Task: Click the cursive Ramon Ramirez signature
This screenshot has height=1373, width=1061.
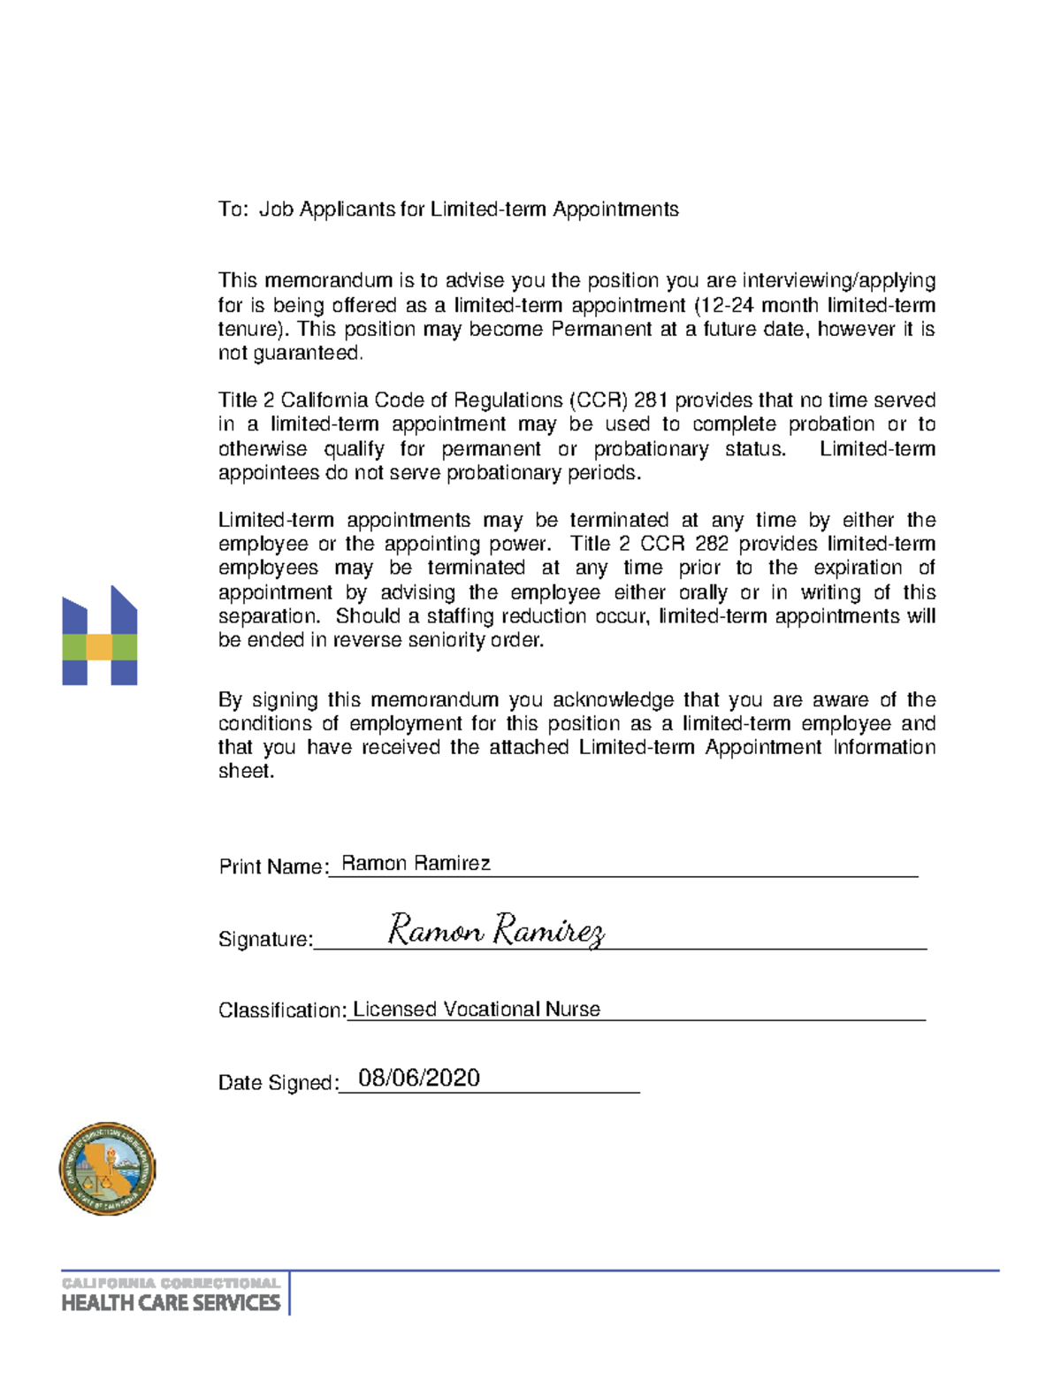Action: [496, 930]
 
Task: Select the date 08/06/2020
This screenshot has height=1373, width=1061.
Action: [419, 1078]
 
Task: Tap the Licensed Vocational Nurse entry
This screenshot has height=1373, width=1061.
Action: [476, 1009]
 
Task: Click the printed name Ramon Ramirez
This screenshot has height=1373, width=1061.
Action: [416, 863]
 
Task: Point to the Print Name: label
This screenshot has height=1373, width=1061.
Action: [272, 866]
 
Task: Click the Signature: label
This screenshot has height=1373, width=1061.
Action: [265, 939]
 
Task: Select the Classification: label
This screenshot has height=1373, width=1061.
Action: [282, 1010]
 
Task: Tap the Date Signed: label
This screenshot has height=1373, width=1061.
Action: [278, 1083]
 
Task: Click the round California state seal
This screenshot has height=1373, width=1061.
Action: [107, 1169]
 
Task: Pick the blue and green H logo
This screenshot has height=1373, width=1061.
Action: [100, 636]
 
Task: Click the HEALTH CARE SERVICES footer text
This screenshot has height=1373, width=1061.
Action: [171, 1302]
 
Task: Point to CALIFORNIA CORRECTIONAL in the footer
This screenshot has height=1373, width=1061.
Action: [171, 1282]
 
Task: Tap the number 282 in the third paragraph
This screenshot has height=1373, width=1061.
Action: [712, 543]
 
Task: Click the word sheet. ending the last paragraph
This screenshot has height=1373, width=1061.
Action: [247, 771]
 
